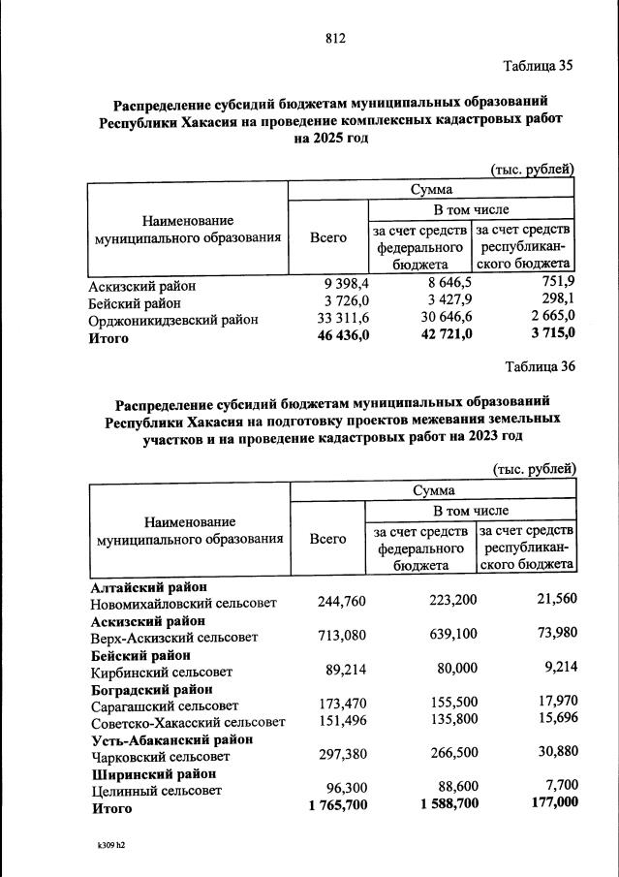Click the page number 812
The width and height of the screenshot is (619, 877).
(x=335, y=39)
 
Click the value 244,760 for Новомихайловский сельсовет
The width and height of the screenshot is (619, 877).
(x=342, y=602)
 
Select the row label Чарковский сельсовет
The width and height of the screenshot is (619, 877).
(x=160, y=756)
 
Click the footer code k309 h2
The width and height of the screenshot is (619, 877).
(x=106, y=845)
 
